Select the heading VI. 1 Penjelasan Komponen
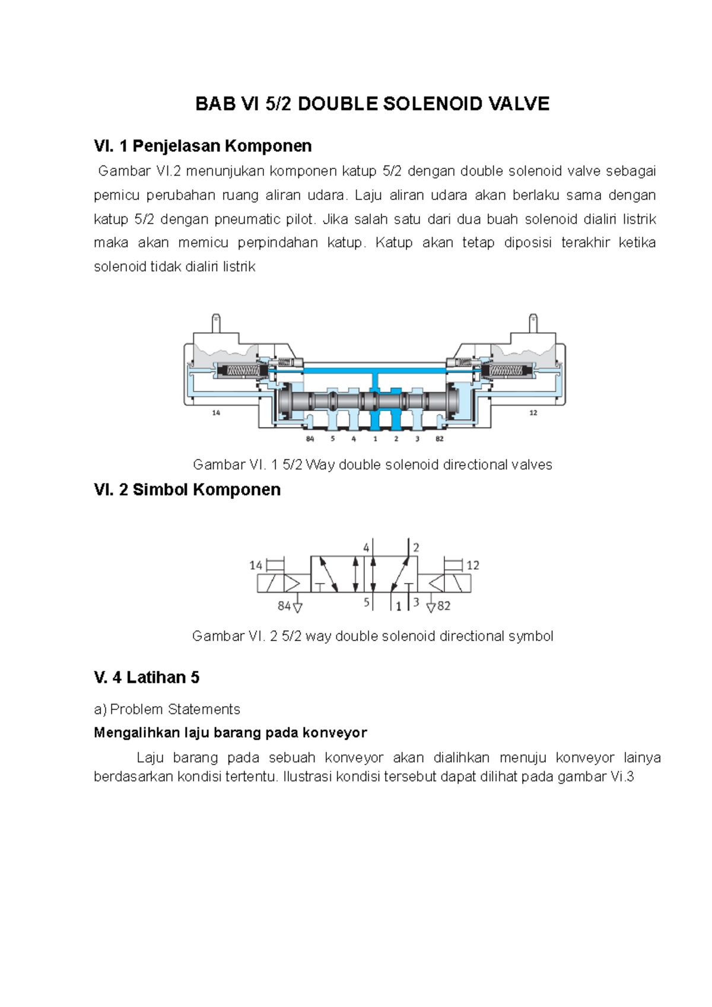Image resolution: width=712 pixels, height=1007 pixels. click(202, 146)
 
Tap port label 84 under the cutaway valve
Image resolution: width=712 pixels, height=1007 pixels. click(310, 439)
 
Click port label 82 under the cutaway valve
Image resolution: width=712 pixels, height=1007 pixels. click(439, 439)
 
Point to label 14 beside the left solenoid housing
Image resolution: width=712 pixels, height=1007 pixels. click(216, 413)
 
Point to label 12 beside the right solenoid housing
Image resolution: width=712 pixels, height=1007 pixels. click(533, 413)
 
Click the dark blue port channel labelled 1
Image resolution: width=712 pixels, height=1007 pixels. click(375, 419)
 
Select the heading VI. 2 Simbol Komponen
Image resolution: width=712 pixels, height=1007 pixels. click(187, 490)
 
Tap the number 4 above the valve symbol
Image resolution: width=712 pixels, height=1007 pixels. click(366, 548)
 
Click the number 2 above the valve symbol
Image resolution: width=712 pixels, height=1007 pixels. click(416, 548)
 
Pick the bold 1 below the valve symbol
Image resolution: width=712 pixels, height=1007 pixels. click(399, 606)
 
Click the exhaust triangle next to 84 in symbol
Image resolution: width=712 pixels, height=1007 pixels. click(298, 607)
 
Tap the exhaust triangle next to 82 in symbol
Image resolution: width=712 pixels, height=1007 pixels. click(431, 607)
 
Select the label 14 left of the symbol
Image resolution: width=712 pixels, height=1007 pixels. click(256, 566)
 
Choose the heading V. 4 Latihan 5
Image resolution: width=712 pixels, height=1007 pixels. click(147, 678)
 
